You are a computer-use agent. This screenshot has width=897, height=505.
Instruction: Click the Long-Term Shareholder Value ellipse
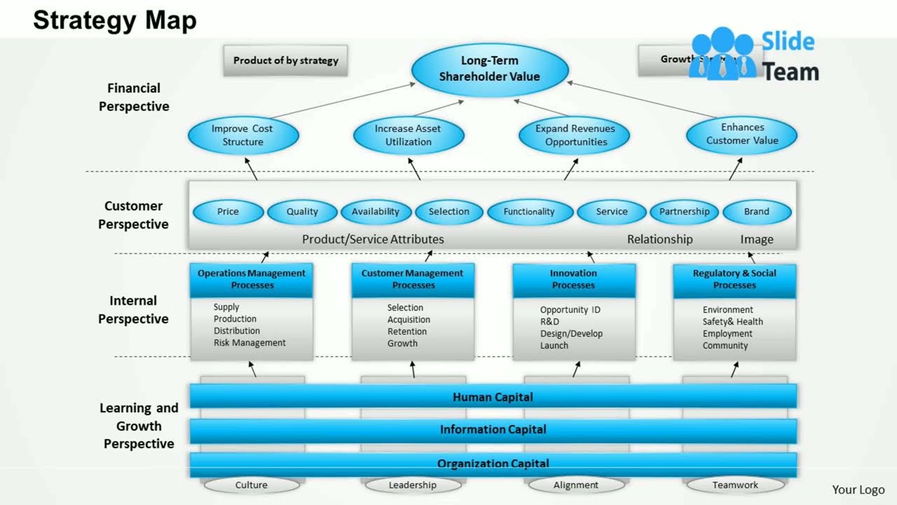(x=489, y=69)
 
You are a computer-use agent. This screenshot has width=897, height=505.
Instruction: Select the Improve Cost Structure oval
(x=242, y=135)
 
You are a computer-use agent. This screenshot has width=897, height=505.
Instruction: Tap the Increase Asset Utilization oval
(x=408, y=135)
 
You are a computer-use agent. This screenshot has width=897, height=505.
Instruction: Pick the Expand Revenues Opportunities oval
(x=575, y=135)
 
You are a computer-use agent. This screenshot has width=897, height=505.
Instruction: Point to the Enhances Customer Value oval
(x=742, y=134)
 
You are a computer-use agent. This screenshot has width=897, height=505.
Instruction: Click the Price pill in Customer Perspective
(x=228, y=212)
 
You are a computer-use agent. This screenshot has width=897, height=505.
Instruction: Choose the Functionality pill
(x=529, y=212)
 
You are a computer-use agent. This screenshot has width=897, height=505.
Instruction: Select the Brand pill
(x=757, y=212)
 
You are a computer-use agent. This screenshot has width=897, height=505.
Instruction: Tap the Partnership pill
(x=684, y=212)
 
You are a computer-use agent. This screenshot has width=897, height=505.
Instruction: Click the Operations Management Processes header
(x=252, y=279)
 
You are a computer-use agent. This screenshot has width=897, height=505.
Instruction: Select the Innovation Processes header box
(x=574, y=279)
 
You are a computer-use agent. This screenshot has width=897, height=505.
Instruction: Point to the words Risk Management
(x=249, y=343)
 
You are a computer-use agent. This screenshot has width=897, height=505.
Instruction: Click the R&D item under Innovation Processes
(x=549, y=322)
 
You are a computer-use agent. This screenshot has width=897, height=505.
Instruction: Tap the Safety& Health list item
(x=733, y=322)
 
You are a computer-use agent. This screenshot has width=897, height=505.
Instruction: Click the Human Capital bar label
(x=493, y=397)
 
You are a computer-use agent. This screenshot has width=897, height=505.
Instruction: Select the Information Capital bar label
(x=493, y=429)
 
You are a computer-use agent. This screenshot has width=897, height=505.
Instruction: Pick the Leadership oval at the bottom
(x=413, y=485)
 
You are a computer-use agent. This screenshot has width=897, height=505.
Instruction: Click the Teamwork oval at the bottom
(x=735, y=485)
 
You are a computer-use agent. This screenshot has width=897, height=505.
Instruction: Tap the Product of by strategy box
(x=285, y=60)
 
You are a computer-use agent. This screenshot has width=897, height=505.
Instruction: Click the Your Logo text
(x=858, y=490)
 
